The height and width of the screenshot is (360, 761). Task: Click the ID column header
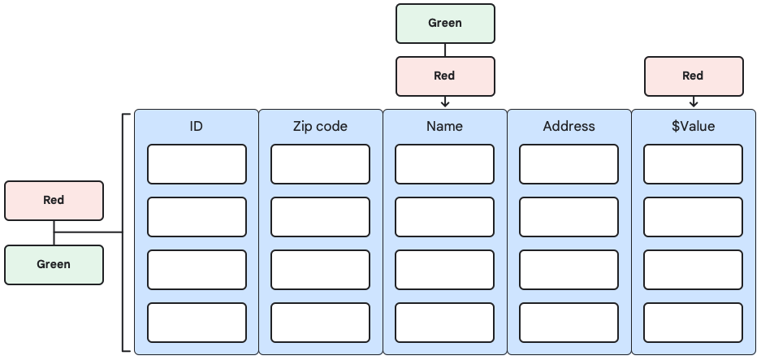coord(196,126)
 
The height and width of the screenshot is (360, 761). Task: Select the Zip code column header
coord(320,126)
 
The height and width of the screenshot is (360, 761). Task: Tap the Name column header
coord(444,126)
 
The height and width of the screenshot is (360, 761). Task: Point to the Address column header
coord(569,126)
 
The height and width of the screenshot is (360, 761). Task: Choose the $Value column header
coord(693,126)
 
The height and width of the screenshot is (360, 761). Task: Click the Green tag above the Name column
coord(444,23)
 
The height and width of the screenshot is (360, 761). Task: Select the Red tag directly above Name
coord(444,76)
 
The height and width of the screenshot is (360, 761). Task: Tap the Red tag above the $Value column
coord(693,76)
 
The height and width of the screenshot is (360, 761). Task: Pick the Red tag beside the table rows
coord(54,200)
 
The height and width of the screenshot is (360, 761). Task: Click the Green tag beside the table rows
coord(54,264)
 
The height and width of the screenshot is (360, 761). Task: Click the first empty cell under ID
coord(197,164)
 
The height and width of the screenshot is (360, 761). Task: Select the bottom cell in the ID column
coord(197,323)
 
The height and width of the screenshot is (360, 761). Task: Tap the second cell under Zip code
coord(320,217)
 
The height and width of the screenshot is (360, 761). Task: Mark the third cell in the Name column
coord(444,270)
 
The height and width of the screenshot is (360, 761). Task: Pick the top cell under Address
coord(569,164)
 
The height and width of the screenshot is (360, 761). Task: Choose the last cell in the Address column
coord(569,323)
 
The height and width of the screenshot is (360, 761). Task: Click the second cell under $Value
coord(693,217)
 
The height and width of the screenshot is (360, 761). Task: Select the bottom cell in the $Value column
coord(693,323)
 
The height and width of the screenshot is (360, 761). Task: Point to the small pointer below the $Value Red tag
coord(693,102)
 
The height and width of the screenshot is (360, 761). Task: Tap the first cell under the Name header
coord(444,164)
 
